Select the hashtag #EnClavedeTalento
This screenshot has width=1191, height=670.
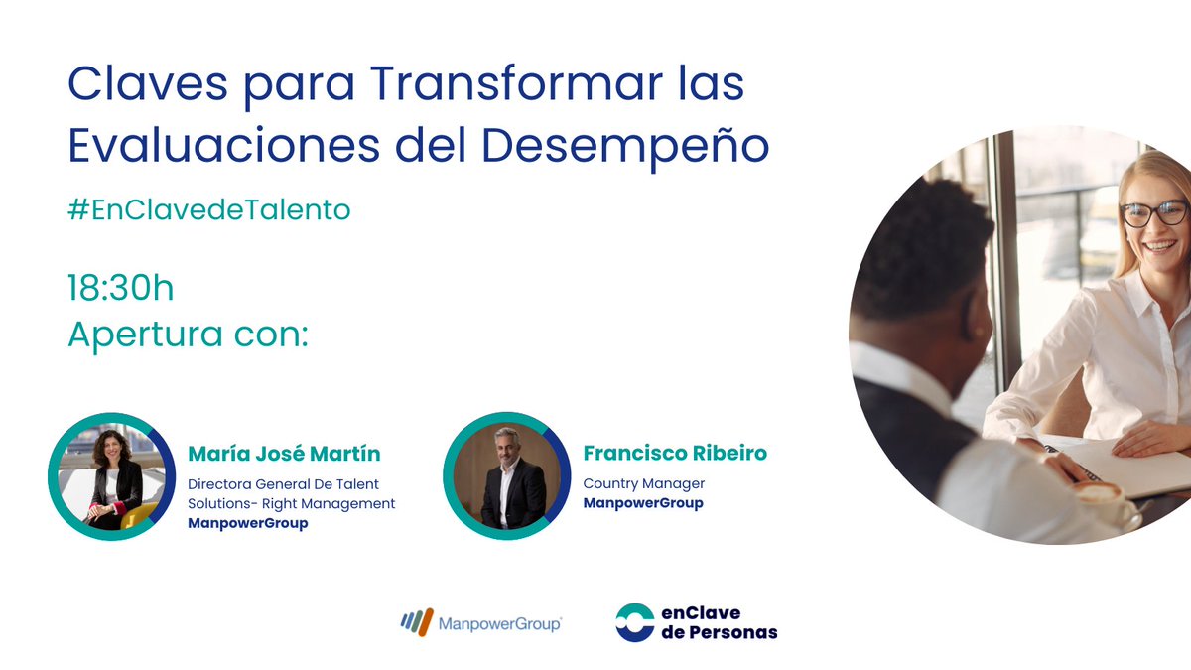(209, 210)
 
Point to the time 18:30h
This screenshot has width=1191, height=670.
(121, 288)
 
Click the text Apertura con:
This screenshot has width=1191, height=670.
(189, 335)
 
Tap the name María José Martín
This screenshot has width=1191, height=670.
(284, 454)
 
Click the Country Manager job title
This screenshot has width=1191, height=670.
(644, 483)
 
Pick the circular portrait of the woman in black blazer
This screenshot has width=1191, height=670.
(111, 475)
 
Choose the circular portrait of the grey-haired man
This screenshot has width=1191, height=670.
(506, 475)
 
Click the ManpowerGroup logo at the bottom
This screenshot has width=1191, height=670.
(480, 623)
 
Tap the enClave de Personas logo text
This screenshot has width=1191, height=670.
(719, 622)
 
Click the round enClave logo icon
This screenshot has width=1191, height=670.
(634, 622)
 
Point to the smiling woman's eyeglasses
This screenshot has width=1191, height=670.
(1154, 211)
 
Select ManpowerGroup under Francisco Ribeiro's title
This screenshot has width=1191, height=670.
(643, 503)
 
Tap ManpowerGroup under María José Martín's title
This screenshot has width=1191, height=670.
(248, 523)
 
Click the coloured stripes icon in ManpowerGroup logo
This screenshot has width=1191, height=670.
(416, 623)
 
